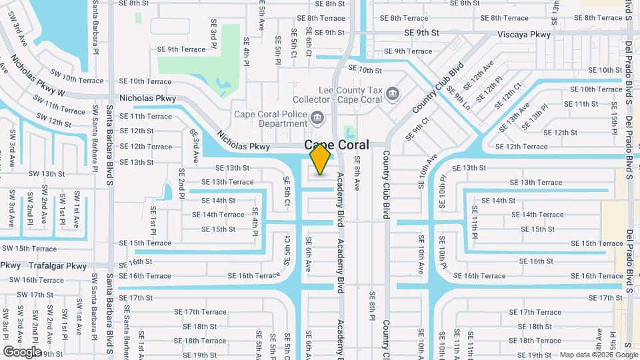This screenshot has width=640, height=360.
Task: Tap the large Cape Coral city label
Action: tap(336, 145)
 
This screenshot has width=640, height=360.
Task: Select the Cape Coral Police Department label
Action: tap(270, 119)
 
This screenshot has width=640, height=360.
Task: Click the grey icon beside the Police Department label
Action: tap(317, 118)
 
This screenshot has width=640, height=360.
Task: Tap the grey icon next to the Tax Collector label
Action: tap(393, 92)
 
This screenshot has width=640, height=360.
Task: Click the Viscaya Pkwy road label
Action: tap(524, 34)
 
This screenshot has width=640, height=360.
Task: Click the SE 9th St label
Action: tap(421, 33)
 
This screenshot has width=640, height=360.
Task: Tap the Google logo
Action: tap(22, 351)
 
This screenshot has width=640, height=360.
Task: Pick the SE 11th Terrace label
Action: tap(145, 116)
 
